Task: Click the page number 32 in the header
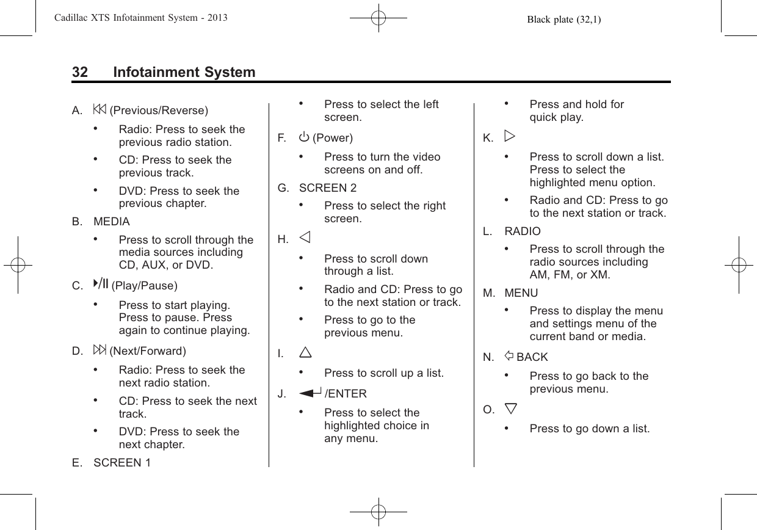point(80,73)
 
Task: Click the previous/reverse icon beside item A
point(101,110)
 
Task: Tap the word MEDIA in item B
point(112,222)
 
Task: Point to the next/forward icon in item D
point(101,350)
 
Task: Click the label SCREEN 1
point(122,462)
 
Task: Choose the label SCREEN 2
point(328,187)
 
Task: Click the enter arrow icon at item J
point(311,393)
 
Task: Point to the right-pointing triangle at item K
point(510,137)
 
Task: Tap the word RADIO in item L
point(522,231)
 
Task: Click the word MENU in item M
point(521,293)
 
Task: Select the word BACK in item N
point(532,357)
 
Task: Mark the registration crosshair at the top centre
point(378,19)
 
